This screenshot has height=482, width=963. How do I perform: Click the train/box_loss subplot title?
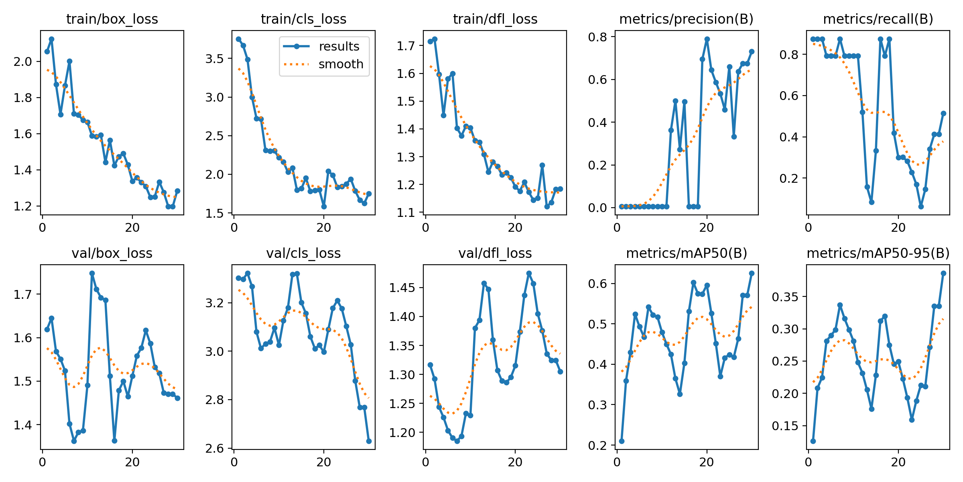[x=112, y=19]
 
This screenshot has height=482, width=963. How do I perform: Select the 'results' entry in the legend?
[x=339, y=47]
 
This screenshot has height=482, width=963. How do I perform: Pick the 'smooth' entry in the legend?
[x=340, y=64]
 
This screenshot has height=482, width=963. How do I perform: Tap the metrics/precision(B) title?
[x=686, y=19]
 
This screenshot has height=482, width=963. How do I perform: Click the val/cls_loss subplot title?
[x=303, y=253]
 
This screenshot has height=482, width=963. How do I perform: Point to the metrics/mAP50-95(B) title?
[x=878, y=253]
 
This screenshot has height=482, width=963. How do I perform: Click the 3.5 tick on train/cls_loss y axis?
[x=214, y=59]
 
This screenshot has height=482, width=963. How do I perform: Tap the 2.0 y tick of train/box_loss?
[x=23, y=61]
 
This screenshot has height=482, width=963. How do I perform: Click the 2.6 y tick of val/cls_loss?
[x=214, y=449]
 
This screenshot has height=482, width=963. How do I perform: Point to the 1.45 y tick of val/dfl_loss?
[x=402, y=288]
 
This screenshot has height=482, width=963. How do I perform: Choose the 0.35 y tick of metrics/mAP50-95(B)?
[x=785, y=297]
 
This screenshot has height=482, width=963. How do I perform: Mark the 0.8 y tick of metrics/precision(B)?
[x=597, y=37]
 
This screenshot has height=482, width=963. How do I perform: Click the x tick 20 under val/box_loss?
[x=132, y=462]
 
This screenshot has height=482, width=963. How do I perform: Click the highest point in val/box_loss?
[x=92, y=273]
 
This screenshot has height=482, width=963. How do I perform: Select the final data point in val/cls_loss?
[x=369, y=441]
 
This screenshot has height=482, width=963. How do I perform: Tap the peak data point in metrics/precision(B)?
[x=707, y=39]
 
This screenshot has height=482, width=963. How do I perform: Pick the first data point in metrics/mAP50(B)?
[x=622, y=441]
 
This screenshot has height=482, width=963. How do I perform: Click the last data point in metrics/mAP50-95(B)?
[x=943, y=273]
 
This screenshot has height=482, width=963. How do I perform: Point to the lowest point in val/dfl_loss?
[x=457, y=441]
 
